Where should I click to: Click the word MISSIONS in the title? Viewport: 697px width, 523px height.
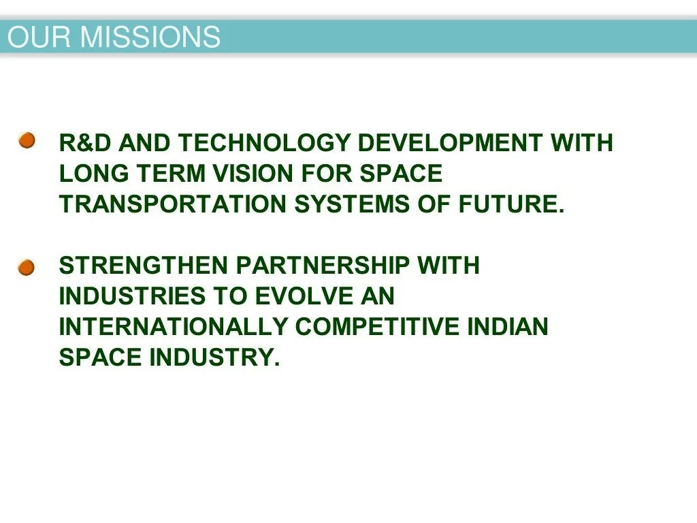pyautogui.click(x=150, y=37)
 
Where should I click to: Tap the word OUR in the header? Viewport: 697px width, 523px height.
pyautogui.click(x=39, y=37)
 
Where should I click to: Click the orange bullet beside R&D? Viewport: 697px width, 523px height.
pyautogui.click(x=27, y=140)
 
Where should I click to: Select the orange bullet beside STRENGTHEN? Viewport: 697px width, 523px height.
pyautogui.click(x=27, y=268)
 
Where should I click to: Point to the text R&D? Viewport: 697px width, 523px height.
pyautogui.click(x=85, y=143)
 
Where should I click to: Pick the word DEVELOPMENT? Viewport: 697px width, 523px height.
pyautogui.click(x=450, y=143)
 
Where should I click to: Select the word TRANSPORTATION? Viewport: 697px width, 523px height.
pyautogui.click(x=172, y=204)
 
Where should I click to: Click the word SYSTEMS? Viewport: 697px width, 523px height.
pyautogui.click(x=352, y=204)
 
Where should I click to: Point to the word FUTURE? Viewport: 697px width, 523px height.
pyautogui.click(x=510, y=204)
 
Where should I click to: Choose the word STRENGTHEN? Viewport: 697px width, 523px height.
pyautogui.click(x=144, y=266)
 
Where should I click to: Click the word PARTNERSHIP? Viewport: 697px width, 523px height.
pyautogui.click(x=323, y=266)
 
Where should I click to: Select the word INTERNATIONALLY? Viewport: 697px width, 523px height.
pyautogui.click(x=174, y=326)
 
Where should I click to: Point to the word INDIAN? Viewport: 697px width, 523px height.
pyautogui.click(x=508, y=326)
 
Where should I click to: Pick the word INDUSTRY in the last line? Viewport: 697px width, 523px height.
pyautogui.click(x=214, y=357)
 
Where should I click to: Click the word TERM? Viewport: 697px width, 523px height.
pyautogui.click(x=171, y=173)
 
